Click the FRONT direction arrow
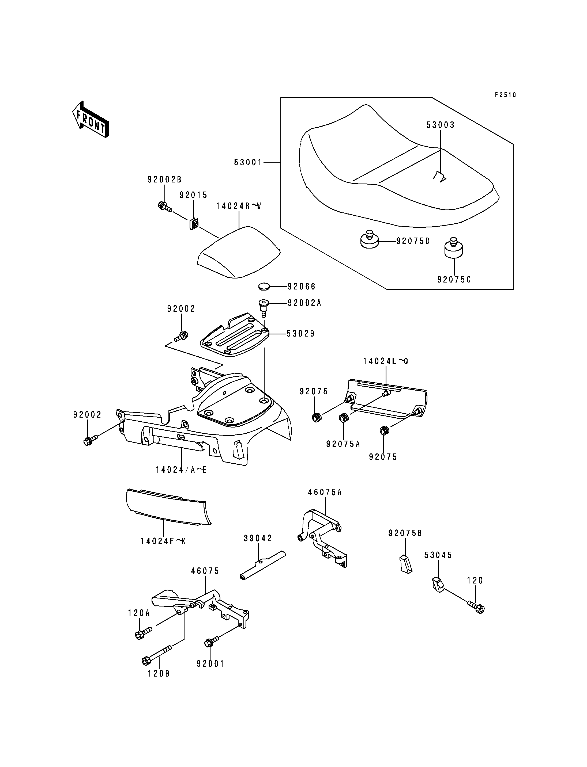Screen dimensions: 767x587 (x=91, y=119)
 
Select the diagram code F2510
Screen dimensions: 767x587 (x=505, y=95)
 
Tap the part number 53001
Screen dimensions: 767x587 (x=248, y=162)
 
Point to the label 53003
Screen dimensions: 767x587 (x=440, y=125)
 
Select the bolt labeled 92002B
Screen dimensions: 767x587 (x=164, y=206)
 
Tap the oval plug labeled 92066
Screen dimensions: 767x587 (x=265, y=287)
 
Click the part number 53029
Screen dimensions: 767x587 (x=300, y=334)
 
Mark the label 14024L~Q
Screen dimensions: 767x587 (x=385, y=361)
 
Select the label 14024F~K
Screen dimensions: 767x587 (x=163, y=541)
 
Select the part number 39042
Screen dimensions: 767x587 (x=258, y=538)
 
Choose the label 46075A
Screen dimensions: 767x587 (x=325, y=492)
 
